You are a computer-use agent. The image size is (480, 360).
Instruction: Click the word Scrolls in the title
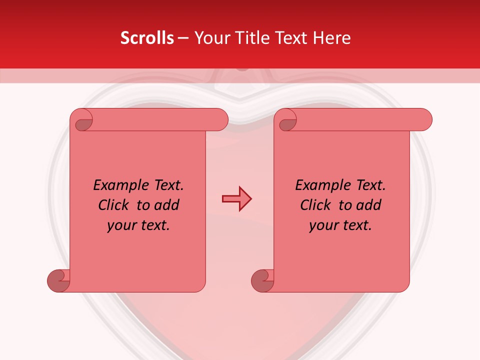[147, 38]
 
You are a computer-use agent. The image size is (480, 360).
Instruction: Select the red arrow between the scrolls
[236, 199]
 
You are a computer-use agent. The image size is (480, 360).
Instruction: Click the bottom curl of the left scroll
[58, 280]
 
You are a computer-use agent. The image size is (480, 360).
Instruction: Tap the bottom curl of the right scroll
[262, 280]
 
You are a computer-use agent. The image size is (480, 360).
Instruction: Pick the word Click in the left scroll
[114, 205]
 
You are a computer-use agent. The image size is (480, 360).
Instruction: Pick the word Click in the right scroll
[316, 205]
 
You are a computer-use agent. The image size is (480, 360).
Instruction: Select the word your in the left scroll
[121, 225]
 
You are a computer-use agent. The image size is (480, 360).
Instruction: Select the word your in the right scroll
[323, 225]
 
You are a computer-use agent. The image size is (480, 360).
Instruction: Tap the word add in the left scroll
[167, 205]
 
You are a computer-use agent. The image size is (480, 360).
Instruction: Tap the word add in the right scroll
[369, 205]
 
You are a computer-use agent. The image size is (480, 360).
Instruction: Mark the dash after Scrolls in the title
[183, 38]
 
